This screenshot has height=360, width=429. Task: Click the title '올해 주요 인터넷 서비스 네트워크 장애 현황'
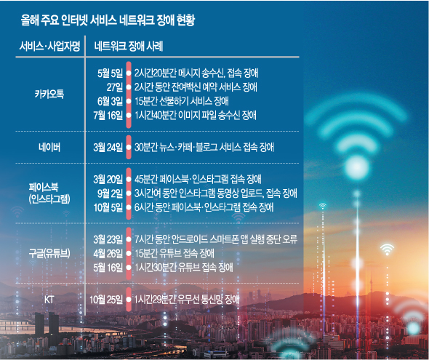point(108,20)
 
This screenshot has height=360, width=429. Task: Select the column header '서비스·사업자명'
point(49,46)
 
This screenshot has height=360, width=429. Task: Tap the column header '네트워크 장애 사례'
point(129,46)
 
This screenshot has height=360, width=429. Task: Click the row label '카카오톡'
point(49,94)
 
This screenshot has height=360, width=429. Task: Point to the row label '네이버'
point(49,148)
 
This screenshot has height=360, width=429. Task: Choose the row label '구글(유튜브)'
point(49,253)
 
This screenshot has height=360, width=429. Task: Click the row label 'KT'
point(49,300)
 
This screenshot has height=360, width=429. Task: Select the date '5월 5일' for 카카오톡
point(111,73)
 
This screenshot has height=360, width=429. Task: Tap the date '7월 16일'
point(108,115)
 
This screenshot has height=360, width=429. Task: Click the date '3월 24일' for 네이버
point(108,148)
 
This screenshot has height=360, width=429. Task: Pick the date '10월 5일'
point(108,207)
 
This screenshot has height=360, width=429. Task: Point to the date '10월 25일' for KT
point(106,300)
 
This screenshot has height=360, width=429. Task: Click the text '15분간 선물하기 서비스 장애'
point(182,101)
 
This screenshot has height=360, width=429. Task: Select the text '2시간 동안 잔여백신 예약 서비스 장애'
point(196,87)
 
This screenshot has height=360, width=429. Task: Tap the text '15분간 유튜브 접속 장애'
point(175,253)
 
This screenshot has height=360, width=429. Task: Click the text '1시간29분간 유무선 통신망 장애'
point(187,300)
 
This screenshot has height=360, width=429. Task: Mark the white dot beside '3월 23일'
point(129,239)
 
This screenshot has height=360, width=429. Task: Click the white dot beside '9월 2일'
point(129,193)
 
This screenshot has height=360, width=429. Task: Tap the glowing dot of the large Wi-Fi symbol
point(357,167)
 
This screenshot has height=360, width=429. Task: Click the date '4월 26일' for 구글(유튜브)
point(108,253)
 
